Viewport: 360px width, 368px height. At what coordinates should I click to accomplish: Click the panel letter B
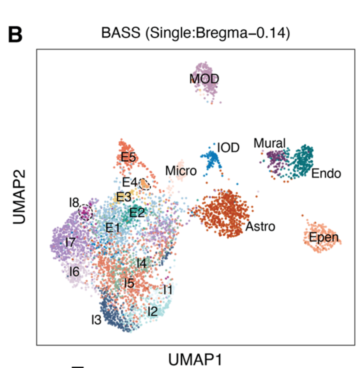point(15,35)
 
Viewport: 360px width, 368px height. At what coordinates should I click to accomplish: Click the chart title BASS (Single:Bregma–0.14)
point(195,33)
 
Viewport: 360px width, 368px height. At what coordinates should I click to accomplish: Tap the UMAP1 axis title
point(195,360)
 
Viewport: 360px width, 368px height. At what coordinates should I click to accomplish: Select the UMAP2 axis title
point(20,197)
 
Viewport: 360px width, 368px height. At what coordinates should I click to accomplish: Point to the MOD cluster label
point(204,79)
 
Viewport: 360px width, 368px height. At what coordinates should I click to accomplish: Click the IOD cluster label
point(228,148)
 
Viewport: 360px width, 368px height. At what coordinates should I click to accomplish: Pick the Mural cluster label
point(270,143)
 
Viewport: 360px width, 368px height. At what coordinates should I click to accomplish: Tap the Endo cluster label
point(326,173)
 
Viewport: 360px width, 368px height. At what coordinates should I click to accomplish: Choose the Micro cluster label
point(181,170)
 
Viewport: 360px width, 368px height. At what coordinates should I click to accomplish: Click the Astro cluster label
point(260,226)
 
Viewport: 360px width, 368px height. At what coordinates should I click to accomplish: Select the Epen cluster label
point(324,237)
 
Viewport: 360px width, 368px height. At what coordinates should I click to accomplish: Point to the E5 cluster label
point(128,157)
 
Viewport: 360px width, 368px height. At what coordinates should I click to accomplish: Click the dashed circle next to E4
point(144,184)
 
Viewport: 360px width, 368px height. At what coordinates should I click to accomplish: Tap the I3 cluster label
point(96,320)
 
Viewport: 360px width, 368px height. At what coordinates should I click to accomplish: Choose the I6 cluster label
point(74,271)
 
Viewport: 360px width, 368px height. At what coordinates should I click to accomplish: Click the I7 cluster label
point(70,242)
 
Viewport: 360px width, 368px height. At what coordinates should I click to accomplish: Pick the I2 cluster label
point(152,311)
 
